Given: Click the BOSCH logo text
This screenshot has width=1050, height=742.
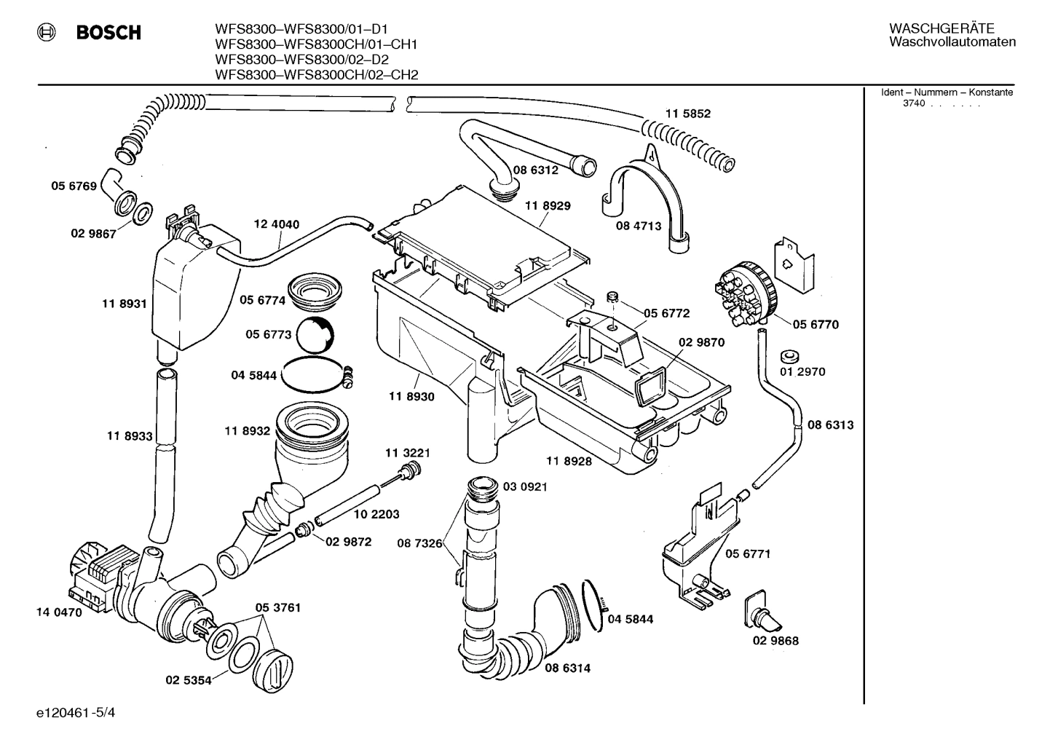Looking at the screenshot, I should point(108,33).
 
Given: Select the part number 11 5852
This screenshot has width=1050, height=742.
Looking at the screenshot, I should point(687,114).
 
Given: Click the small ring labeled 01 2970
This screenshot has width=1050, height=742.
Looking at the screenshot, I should point(788,356).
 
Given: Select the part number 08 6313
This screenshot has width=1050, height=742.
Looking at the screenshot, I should point(830,425).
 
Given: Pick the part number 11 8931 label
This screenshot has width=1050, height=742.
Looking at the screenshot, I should point(125,304).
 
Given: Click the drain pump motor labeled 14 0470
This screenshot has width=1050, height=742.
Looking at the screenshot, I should point(98,576).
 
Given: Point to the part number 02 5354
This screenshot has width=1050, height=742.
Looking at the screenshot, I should point(188,680).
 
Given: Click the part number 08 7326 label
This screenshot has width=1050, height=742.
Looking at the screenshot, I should point(419,543).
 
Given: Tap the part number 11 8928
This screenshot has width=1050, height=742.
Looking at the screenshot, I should point(569,461).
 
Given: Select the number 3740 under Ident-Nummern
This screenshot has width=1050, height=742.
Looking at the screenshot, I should point(913,103).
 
